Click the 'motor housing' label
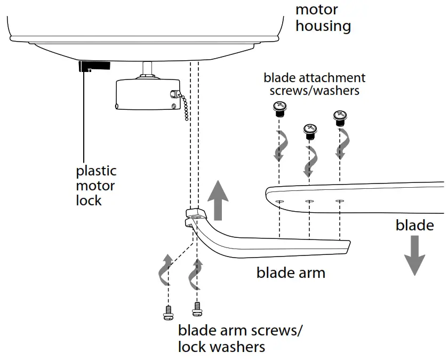point(323,18)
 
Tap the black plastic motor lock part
point(94,66)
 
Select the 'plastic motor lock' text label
point(96,186)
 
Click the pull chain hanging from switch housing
point(183,105)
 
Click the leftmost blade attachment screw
point(278,108)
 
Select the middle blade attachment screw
point(310,130)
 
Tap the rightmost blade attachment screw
point(340,118)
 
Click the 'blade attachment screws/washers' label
point(314,84)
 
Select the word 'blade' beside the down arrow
point(414,225)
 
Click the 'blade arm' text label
point(291,273)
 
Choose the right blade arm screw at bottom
point(197,309)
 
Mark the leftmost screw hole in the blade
point(279,202)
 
